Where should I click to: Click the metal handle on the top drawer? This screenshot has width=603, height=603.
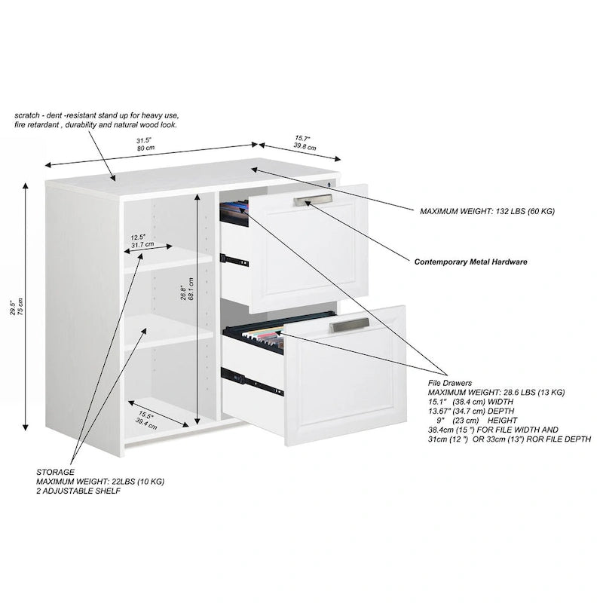313,200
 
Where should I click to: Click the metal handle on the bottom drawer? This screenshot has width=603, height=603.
349,325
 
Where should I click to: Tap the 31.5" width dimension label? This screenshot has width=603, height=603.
145,144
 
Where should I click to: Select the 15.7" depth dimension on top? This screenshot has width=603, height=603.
305,142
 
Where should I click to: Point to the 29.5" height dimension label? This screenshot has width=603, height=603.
17,307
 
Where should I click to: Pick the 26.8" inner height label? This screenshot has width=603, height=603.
187,289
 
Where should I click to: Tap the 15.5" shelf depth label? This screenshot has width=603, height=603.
146,421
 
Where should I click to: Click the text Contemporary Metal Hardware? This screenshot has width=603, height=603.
470,262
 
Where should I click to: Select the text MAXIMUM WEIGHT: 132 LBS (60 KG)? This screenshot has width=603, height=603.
487,211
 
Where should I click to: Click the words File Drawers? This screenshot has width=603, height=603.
449,383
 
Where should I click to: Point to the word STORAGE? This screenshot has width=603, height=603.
55,472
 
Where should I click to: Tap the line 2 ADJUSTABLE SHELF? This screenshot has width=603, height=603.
78,491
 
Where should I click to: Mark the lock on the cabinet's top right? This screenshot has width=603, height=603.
329,184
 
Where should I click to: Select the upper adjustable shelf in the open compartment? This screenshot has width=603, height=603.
168,259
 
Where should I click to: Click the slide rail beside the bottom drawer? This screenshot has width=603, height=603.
252,381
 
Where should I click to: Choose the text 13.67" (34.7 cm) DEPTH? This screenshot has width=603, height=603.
470,411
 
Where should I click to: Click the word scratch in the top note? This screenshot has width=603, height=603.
27,115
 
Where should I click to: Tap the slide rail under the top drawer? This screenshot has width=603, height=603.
234,260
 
